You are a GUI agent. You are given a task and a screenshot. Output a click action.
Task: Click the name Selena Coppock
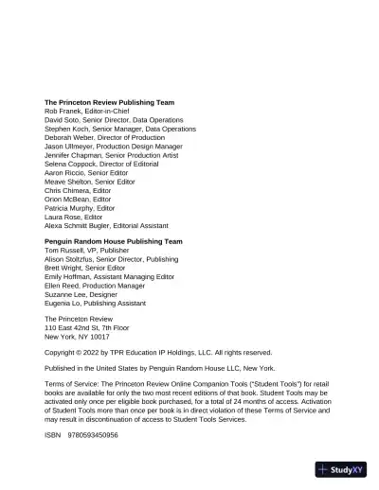tap(71, 165)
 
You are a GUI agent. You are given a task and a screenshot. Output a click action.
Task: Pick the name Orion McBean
tap(66, 200)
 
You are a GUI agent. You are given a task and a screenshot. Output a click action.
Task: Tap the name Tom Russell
tap(64, 251)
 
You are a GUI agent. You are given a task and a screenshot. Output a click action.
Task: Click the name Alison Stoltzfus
tap(67, 259)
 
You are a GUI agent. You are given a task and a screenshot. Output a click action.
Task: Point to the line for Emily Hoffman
tap(109, 276)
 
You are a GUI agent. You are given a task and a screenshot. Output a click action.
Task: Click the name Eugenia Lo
tap(63, 303)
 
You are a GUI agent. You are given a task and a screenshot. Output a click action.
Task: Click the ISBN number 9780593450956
tap(93, 433)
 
